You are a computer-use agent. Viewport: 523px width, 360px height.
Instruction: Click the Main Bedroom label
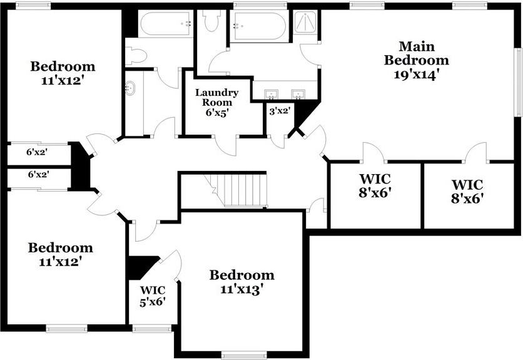coord(416,53)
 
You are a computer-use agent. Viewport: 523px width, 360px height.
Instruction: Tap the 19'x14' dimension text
coord(415,75)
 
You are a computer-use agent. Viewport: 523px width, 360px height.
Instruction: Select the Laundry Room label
coord(217,97)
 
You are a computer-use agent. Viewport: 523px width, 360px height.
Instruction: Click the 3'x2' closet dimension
coord(280,111)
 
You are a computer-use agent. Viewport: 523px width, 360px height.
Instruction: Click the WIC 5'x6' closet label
coord(153,296)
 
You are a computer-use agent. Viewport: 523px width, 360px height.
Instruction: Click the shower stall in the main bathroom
coord(305,23)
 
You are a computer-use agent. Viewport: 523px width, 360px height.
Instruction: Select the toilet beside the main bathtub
coord(211,21)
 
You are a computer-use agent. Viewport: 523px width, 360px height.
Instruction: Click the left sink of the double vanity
coord(271,95)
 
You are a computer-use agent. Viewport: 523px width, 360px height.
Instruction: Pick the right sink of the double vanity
coord(298,95)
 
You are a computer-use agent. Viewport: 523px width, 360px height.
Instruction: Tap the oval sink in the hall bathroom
coord(129,88)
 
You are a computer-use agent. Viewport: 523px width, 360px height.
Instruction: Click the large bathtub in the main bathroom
coord(259,26)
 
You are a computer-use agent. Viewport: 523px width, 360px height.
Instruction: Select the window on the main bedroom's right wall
coord(519,83)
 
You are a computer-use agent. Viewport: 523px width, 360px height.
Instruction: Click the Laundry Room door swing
coord(225,146)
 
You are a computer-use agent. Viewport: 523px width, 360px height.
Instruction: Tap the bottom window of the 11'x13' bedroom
coord(244,356)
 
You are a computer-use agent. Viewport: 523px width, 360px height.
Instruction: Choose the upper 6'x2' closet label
coord(37,152)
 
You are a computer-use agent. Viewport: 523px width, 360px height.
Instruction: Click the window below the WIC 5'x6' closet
coord(152,329)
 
